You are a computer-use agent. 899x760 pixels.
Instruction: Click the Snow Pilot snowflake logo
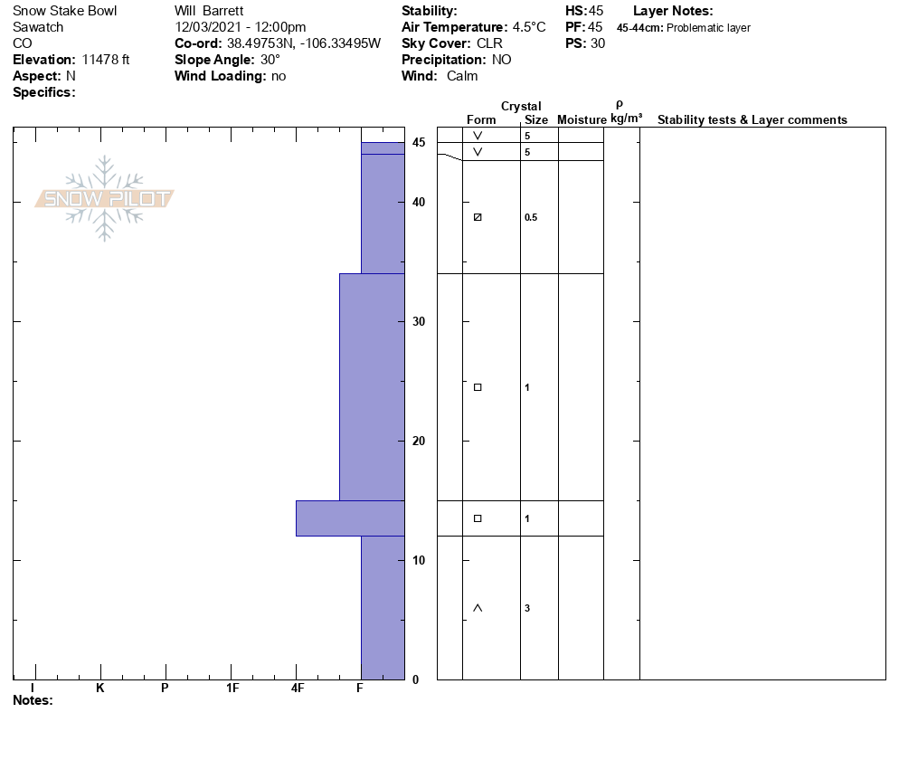click(104, 198)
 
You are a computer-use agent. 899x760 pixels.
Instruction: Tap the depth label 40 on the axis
click(419, 202)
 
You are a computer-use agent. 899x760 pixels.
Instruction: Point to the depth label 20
click(419, 441)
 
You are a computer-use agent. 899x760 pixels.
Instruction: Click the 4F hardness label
click(297, 688)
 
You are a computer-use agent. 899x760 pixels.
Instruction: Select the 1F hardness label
click(232, 688)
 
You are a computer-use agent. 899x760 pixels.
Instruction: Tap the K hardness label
click(100, 688)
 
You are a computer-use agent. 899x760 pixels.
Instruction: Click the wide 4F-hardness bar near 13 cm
click(350, 518)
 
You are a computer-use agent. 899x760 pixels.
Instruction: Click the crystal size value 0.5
click(531, 217)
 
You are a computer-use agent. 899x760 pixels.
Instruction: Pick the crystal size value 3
click(527, 608)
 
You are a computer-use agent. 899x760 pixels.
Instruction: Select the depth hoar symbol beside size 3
click(478, 608)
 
